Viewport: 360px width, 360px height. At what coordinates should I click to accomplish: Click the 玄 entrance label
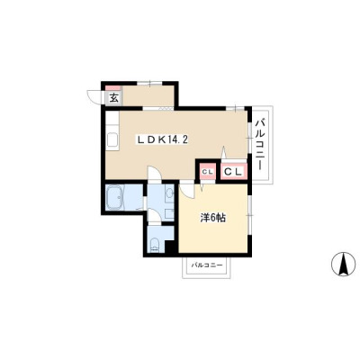click(x=113, y=98)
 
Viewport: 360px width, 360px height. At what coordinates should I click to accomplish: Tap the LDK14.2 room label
click(x=163, y=139)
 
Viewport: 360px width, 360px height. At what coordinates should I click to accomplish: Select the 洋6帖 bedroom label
click(x=212, y=219)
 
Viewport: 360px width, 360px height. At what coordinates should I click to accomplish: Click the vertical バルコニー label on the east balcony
click(x=261, y=144)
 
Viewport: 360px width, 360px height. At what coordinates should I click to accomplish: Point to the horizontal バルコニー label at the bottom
click(x=207, y=265)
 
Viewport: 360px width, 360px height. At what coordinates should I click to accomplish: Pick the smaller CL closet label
click(x=207, y=172)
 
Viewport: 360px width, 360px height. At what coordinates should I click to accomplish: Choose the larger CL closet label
click(x=233, y=172)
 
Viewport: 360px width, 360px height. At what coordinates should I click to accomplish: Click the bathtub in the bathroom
click(x=115, y=198)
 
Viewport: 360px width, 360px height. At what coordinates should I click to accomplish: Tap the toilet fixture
click(x=155, y=246)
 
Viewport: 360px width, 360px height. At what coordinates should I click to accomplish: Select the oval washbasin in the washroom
click(x=169, y=192)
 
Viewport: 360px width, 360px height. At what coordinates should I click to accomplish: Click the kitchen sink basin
click(x=112, y=140)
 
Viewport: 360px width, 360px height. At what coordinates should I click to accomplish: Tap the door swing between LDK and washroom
click(x=155, y=173)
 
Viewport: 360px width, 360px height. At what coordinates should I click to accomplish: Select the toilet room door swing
click(x=155, y=216)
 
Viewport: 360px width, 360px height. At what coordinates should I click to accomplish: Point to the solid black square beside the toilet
click(x=171, y=247)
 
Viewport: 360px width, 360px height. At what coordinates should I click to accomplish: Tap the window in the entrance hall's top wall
click(x=149, y=84)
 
